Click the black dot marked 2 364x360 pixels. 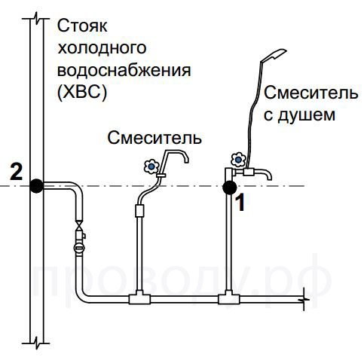pos(37,186)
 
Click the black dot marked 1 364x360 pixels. pos(230,188)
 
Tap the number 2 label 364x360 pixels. pos(17,172)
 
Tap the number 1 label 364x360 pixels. pos(240,203)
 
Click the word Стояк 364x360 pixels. pos(82,26)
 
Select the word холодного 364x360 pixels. pos(102,47)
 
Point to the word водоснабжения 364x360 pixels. pos(124,70)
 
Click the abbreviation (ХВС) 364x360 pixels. pos(82,93)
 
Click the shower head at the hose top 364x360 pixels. pos(274,55)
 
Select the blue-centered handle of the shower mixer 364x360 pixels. pos(238,159)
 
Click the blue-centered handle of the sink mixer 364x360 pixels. pos(151,166)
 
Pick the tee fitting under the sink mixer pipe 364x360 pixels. pos(139,298)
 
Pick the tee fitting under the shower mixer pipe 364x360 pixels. pos(228,298)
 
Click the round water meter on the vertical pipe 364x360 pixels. pos(79,248)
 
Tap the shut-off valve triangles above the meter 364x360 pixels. pos(79,225)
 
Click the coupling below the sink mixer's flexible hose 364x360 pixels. pos(139,211)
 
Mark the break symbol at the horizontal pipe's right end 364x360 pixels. pos(304,299)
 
